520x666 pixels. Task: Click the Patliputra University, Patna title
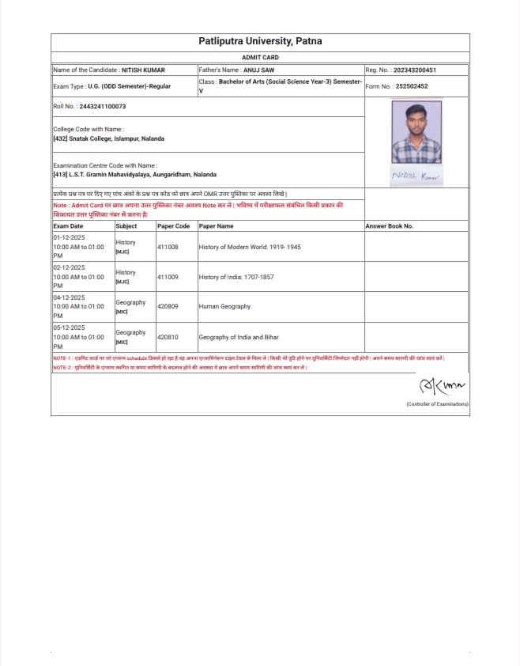[260, 41]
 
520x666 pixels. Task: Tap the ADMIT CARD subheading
[260, 58]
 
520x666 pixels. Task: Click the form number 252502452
[412, 86]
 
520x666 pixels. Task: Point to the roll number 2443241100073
[102, 106]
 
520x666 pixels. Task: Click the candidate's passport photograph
[416, 132]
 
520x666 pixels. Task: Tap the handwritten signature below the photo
[416, 176]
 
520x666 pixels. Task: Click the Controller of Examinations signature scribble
[442, 386]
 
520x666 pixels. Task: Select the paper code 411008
[168, 247]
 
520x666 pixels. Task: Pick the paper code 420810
[168, 337]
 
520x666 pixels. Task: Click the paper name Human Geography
[224, 307]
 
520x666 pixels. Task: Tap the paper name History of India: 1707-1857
[236, 277]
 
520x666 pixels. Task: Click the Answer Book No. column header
[390, 226]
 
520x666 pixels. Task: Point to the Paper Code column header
[174, 226]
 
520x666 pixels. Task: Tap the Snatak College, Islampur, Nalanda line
[109, 138]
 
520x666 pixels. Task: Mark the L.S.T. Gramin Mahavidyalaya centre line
[134, 174]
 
